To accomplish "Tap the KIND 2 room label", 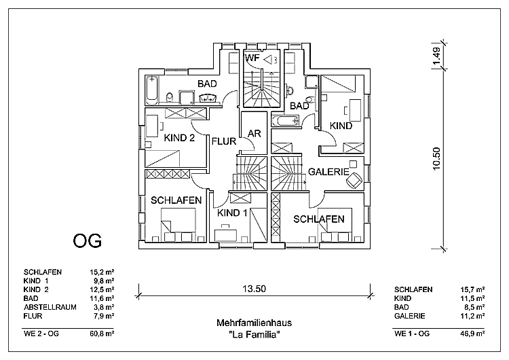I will tap(180, 138).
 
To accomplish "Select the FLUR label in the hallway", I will tap(223, 142).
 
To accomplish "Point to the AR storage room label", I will tap(255, 133).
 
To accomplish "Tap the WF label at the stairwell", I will tap(252, 58).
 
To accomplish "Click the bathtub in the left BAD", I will tap(153, 90).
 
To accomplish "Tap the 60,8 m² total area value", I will tap(104, 334).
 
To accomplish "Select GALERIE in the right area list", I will tap(409, 315).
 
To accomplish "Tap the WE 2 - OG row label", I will tap(43, 334).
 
